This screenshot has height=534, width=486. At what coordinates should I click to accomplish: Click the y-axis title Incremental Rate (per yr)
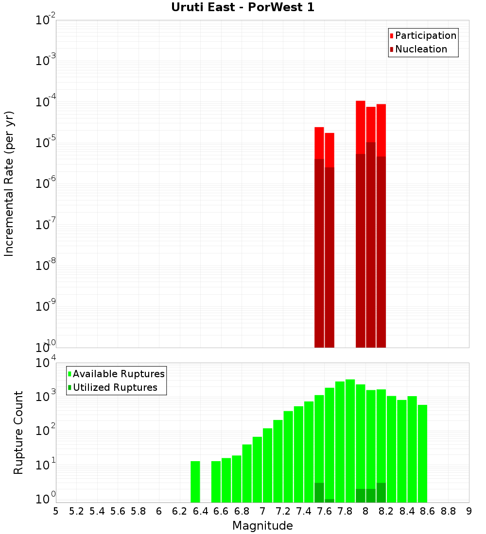(x=9, y=184)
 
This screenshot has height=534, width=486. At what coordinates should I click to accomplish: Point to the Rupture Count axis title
(x=18, y=433)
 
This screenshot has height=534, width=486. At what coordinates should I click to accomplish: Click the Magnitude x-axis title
(x=262, y=525)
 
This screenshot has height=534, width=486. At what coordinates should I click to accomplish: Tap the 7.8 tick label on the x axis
(x=345, y=511)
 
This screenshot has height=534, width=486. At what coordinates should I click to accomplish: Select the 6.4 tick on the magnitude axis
(x=200, y=511)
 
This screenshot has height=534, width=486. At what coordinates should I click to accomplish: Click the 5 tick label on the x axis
(x=56, y=511)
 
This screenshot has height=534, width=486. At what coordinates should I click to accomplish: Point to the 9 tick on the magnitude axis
(x=469, y=511)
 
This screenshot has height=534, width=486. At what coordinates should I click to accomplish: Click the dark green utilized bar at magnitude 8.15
(x=381, y=492)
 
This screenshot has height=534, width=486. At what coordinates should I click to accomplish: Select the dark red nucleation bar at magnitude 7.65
(x=330, y=257)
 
